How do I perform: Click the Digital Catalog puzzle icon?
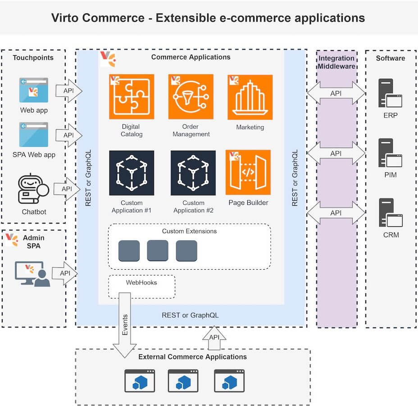coord(132,97)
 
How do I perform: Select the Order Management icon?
coord(191,97)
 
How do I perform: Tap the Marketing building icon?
coord(250,97)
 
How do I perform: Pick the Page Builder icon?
coord(248,172)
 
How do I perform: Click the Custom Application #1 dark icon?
coord(132,173)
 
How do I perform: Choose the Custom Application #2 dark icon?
coord(193,173)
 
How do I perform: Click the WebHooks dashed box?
coord(141,287)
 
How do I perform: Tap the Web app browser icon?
coord(34,90)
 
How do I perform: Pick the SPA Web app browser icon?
coord(34,135)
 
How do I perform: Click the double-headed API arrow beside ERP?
coord(336,94)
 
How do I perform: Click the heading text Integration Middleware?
coord(336,63)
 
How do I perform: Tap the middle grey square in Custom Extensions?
coord(158,251)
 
